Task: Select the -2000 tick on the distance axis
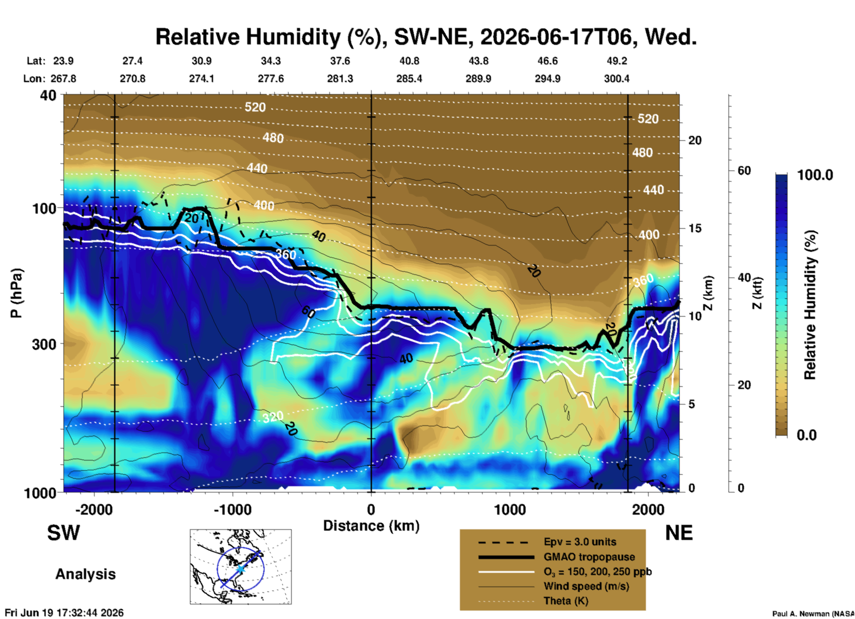(94, 509)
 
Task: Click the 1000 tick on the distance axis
(510, 509)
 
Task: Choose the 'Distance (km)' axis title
(371, 526)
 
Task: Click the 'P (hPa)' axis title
(16, 294)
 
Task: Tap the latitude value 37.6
(340, 61)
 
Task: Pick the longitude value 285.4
(409, 79)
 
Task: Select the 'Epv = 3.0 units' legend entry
(580, 542)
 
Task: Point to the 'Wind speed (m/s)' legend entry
(586, 587)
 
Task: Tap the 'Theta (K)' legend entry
(566, 601)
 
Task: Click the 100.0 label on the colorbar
(815, 175)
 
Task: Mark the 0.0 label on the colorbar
(807, 435)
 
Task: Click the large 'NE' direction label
(679, 533)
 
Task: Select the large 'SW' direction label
(63, 533)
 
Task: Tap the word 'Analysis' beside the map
(85, 574)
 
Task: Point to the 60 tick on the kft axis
(744, 171)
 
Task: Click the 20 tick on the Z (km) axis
(695, 140)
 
